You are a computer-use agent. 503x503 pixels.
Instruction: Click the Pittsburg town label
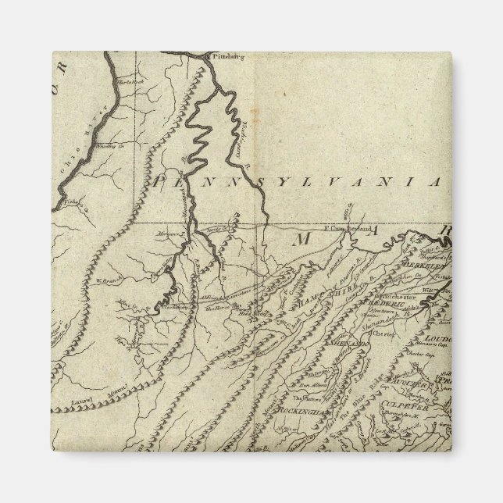click(223, 56)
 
